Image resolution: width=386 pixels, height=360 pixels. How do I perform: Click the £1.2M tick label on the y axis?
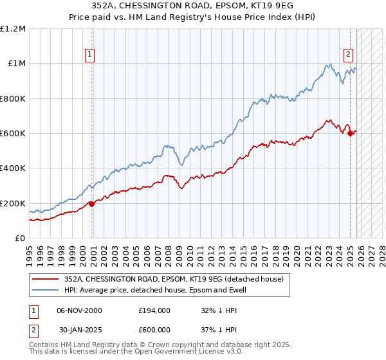tap(13, 29)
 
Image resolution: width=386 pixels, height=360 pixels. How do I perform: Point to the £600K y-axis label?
tap(13, 134)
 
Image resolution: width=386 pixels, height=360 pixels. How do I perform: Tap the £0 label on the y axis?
tap(20, 239)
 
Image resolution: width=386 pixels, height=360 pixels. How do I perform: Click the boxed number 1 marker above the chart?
tap(89, 55)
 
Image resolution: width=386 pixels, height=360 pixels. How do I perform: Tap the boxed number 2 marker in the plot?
tap(348, 55)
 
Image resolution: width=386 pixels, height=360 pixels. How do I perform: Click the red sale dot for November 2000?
tap(91, 204)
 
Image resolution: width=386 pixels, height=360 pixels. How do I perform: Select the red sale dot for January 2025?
tap(350, 133)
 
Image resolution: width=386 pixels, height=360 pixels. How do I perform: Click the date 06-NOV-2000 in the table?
tap(78, 310)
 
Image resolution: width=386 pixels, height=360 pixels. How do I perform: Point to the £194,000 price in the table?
tap(154, 310)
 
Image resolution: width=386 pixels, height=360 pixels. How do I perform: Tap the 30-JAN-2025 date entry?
tap(78, 328)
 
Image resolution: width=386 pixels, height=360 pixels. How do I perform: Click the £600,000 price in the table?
tap(154, 328)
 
